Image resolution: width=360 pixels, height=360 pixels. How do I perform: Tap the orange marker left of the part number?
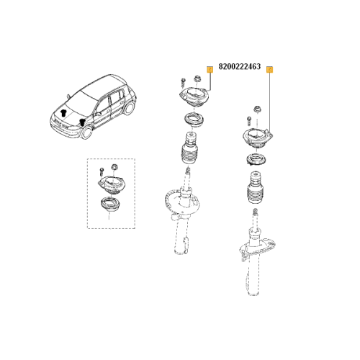pyautogui.click(x=210, y=69)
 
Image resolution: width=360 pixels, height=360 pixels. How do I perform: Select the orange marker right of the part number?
pyautogui.click(x=269, y=69)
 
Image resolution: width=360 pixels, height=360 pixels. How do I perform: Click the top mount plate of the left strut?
pyautogui.click(x=192, y=99)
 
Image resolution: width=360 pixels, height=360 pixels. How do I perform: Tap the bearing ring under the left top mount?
pyautogui.click(x=192, y=119)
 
